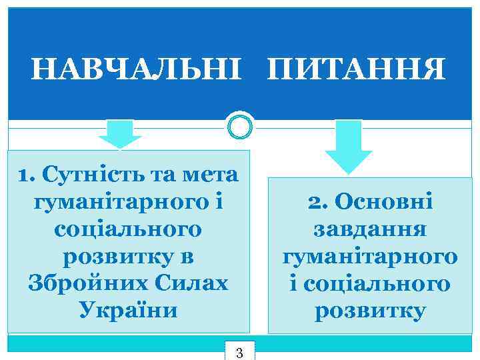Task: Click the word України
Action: (x=128, y=310)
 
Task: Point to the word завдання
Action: (x=369, y=229)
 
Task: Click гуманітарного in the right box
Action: (x=369, y=256)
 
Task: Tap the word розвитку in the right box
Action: (x=369, y=311)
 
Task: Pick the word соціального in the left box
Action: (x=127, y=229)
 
